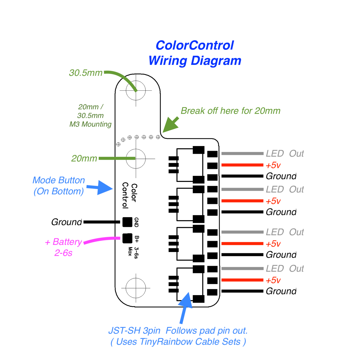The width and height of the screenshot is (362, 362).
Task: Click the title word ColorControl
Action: [195, 46]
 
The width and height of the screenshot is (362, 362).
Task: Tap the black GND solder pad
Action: [127, 222]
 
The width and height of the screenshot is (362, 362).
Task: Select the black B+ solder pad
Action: [127, 238]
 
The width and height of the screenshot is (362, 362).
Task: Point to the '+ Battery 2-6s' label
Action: [64, 247]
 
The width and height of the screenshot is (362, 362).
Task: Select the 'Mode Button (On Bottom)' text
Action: [59, 186]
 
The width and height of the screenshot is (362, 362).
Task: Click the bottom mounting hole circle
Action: [136, 288]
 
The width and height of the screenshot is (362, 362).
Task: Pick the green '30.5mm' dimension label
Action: [86, 73]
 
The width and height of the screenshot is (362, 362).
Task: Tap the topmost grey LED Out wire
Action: [242, 154]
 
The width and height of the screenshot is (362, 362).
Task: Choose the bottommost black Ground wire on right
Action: [242, 291]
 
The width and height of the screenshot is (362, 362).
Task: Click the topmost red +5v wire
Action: [242, 165]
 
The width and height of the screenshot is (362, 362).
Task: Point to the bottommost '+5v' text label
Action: [273, 280]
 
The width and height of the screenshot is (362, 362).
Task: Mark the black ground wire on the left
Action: [101, 222]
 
